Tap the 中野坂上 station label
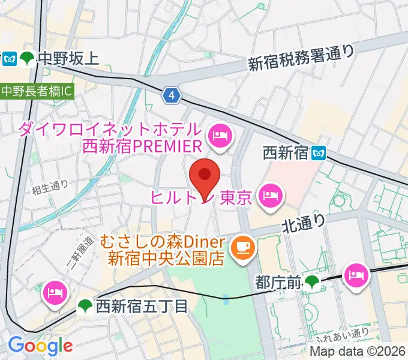tap(67, 58)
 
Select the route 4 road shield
tap(172, 95)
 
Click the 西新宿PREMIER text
tap(140, 146)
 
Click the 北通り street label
tap(304, 224)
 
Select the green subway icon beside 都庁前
tap(312, 281)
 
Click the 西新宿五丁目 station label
tap(142, 307)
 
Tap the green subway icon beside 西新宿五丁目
tap(86, 307)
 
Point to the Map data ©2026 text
tap(358, 352)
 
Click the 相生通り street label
tap(50, 187)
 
